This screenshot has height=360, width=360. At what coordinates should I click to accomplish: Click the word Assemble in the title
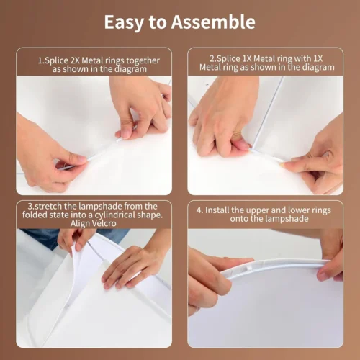pos(213,22)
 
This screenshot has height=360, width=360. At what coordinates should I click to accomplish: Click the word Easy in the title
pos(124,23)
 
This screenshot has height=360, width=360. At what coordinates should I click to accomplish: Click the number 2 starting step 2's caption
pos(212,58)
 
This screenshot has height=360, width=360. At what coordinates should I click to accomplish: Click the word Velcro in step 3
pos(104,223)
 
